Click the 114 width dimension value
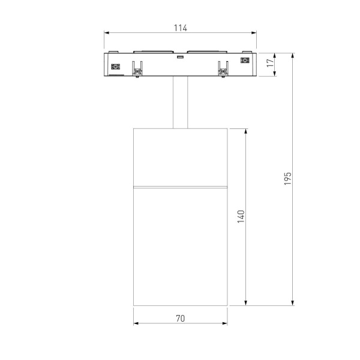(181, 27)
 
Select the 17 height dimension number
(271, 61)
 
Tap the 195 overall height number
(289, 178)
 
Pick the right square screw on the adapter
(244, 61)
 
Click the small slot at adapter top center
(179, 57)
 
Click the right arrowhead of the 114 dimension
(254, 34)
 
